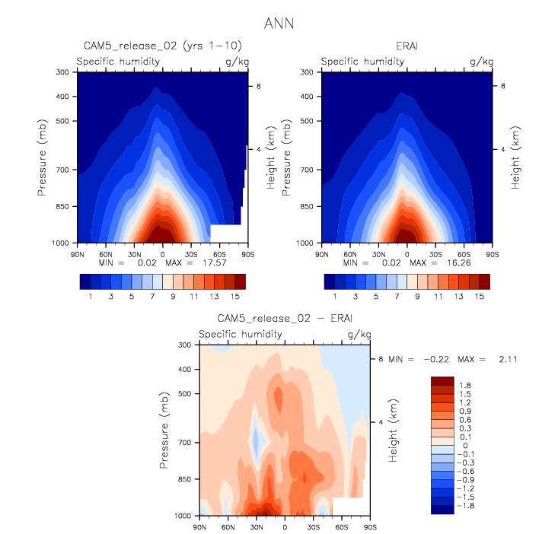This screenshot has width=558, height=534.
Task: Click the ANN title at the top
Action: coord(278,24)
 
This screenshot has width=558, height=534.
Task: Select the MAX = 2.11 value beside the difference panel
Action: coord(498,358)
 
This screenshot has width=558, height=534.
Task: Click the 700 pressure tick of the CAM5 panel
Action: coord(62,170)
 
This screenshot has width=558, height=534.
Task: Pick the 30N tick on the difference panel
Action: coord(257,526)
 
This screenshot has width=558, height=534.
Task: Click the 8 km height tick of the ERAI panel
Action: coord(501,87)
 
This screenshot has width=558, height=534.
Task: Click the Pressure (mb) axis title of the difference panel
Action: coord(165,431)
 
